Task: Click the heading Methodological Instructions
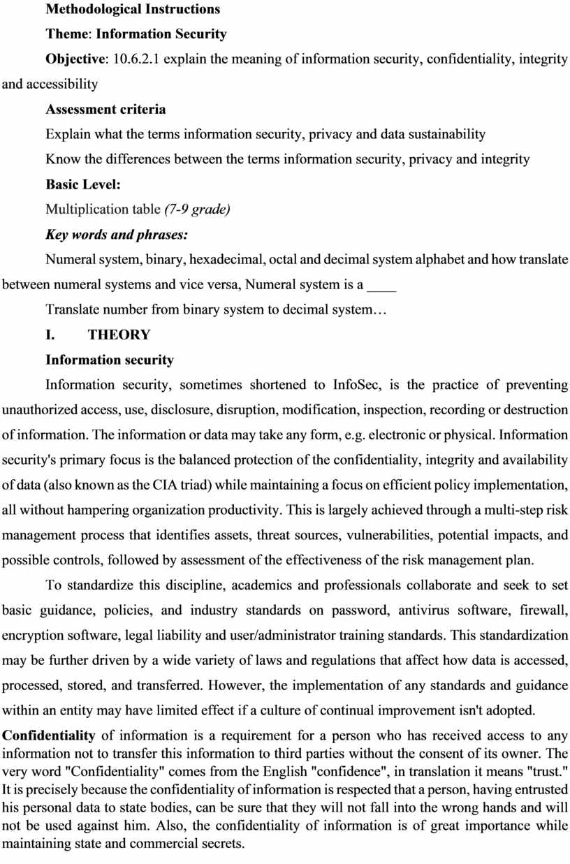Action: tap(133, 9)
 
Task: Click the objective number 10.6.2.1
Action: tap(131, 59)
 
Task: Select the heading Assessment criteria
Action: tap(105, 109)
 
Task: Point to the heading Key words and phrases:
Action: tap(117, 235)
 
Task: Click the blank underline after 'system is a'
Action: tap(381, 285)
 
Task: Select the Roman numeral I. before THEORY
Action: tap(50, 335)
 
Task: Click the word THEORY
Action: tap(119, 335)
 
